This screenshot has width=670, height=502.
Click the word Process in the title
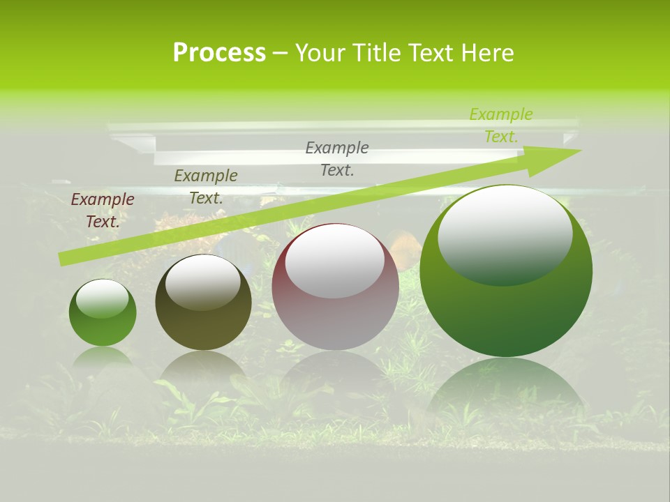[x=219, y=53]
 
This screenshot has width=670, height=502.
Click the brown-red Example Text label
[x=103, y=211]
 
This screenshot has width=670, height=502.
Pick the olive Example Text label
[x=206, y=187]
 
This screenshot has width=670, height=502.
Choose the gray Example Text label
[x=337, y=158]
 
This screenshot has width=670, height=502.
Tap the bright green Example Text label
[x=501, y=125]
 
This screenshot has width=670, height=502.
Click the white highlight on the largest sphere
[x=505, y=234]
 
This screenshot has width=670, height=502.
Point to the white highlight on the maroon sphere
[x=335, y=260]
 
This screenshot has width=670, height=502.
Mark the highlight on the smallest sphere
[x=102, y=298]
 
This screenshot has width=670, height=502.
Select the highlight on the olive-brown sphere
[x=202, y=282]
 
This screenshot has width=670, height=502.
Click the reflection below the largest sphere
[x=506, y=390]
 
